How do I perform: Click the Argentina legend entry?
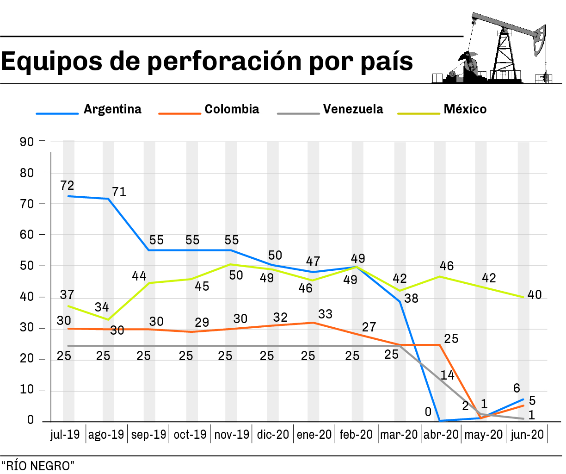pos(112,109)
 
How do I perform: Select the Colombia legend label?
pos(232,109)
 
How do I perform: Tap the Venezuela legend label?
pos(353,109)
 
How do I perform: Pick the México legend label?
pos(465,109)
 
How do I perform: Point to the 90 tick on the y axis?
pos(27,142)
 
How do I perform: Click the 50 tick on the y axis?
pos(27,266)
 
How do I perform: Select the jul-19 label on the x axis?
pos(65,435)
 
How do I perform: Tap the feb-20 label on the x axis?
pos(356,435)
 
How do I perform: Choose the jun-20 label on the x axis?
pos(527,435)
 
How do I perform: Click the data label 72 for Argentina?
pos(67,186)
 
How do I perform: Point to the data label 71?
pos(119,192)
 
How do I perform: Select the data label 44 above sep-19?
pos(139,276)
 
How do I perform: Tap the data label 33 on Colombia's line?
pos(325,314)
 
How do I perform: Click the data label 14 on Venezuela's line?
pos(447,375)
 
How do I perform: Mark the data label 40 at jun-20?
pos(535,295)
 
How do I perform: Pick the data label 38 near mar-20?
pos(411,299)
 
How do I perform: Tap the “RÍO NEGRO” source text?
pos(37,466)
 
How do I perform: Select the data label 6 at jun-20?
pos(517,388)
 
